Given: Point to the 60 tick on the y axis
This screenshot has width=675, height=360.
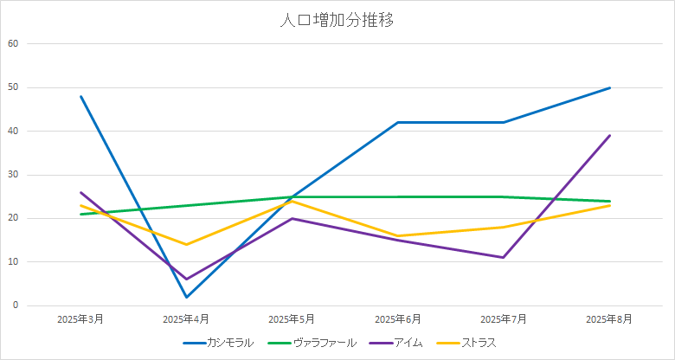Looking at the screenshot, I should [x=12, y=43].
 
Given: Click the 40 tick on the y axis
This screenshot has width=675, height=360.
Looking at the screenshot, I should [x=12, y=131].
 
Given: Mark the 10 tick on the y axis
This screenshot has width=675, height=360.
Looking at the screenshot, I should [x=12, y=261].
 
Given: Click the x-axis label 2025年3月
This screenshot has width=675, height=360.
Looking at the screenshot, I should [x=80, y=319].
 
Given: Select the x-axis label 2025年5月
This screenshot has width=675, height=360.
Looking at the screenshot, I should [x=292, y=319].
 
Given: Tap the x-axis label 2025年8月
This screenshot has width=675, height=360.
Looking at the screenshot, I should [x=610, y=319].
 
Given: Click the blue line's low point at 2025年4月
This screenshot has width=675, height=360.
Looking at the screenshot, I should [x=186, y=297].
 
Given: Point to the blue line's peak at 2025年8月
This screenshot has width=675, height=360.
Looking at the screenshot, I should [x=610, y=87].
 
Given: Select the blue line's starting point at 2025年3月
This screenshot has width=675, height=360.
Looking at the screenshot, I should [x=80, y=96].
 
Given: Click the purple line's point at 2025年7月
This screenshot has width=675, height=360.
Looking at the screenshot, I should [x=504, y=257].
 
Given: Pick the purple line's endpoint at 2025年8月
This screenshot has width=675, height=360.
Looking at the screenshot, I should [x=610, y=135].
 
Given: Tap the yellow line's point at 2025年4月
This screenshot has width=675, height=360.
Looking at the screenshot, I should [x=186, y=244].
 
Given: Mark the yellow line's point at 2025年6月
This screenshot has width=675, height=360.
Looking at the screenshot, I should [x=398, y=235].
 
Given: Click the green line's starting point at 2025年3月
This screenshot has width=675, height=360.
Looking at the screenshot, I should [x=80, y=214].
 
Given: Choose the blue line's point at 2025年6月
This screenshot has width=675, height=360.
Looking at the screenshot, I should [x=398, y=122].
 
